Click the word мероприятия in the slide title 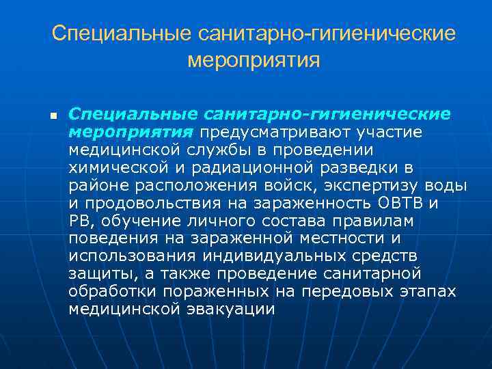(254, 61)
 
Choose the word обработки (112, 291)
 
